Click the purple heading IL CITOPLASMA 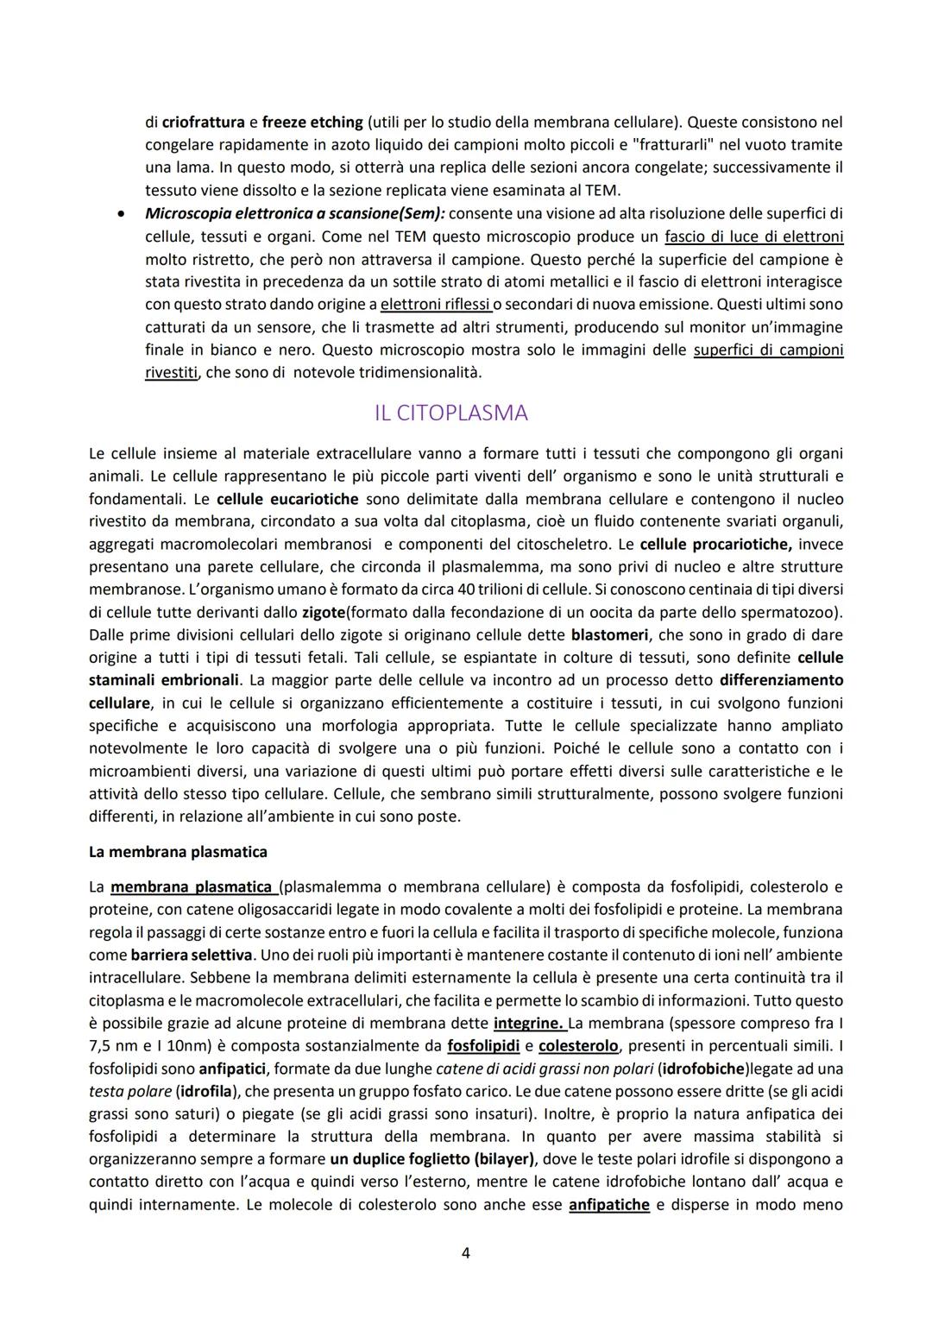(x=450, y=413)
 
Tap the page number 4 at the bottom (x=466, y=1252)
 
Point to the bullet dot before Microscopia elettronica (x=124, y=213)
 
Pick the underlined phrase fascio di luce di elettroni (x=754, y=236)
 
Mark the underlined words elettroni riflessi (x=435, y=305)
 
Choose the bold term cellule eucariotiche (x=288, y=499)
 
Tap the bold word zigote (x=324, y=613)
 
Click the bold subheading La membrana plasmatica (x=178, y=852)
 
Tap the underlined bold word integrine (x=528, y=1024)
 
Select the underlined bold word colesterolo (x=578, y=1046)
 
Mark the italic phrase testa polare (x=130, y=1091)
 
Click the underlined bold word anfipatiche (x=608, y=1205)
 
